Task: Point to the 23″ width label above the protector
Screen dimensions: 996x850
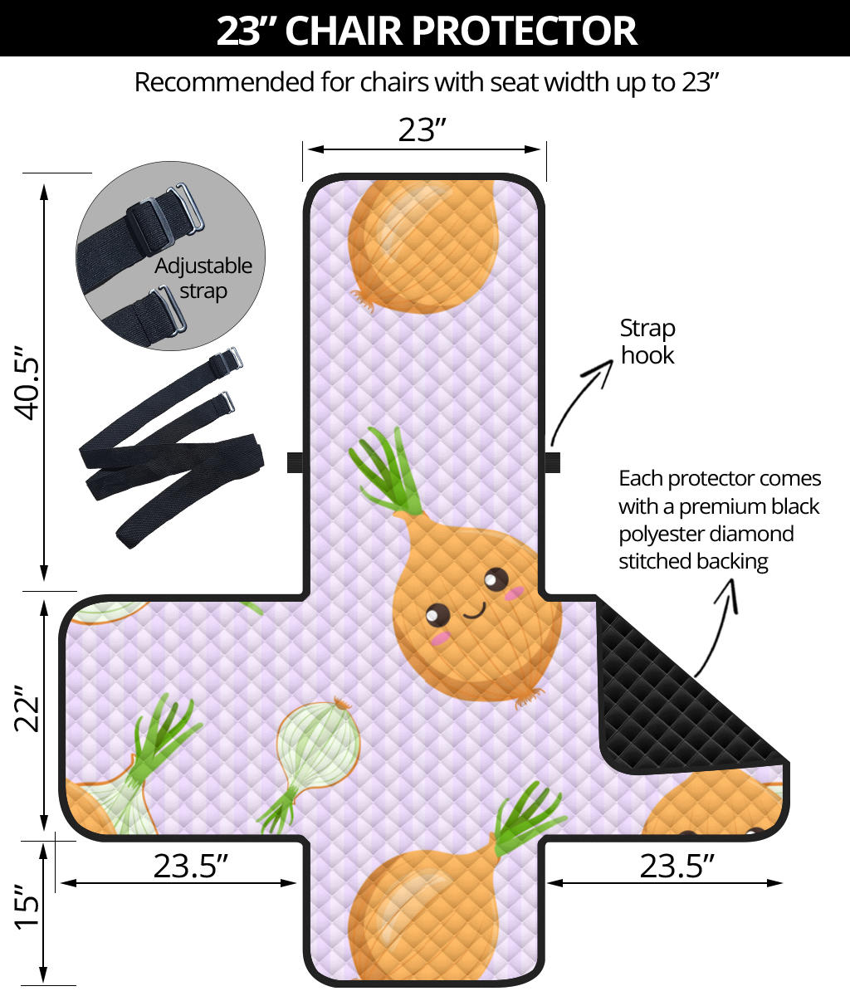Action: point(423,129)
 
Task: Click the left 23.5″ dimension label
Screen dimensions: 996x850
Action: point(190,866)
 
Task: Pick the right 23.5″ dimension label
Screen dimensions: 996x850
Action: point(677,866)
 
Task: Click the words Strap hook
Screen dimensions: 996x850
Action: point(647,341)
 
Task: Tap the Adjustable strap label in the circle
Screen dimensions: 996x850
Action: point(203,278)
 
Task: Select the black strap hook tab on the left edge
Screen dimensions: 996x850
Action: point(294,462)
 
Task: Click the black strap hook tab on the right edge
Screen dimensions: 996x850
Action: point(553,461)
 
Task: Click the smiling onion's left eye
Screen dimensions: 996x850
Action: point(437,616)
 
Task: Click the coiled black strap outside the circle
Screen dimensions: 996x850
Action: point(170,452)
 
